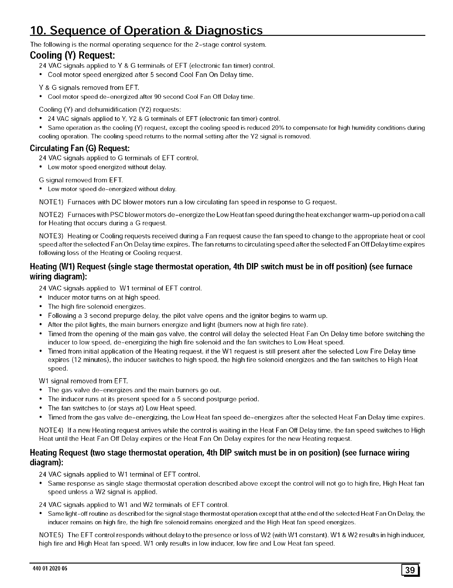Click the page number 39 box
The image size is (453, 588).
coord(410,570)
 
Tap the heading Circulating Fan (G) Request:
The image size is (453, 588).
coord(80,148)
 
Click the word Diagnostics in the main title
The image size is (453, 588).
coord(229,30)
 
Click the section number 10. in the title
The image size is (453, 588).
coord(40,30)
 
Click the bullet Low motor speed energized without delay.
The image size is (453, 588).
coord(107,167)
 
